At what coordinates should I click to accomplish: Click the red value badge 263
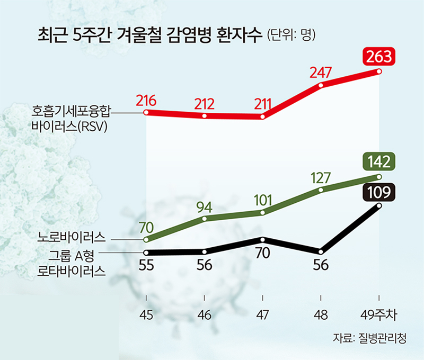[379, 56]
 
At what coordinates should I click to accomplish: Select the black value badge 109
[379, 192]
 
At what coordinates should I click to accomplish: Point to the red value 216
[146, 101]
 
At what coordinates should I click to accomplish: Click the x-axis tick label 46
[204, 316]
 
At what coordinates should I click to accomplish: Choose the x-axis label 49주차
[379, 316]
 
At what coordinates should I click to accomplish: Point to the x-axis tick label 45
[146, 316]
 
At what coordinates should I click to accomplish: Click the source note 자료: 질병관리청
[370, 338]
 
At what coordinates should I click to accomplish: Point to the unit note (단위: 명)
[291, 35]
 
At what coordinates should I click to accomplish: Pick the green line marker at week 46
[204, 218]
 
